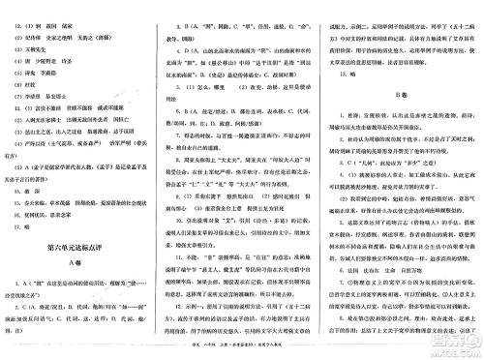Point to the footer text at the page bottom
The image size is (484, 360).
tap(242, 353)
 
